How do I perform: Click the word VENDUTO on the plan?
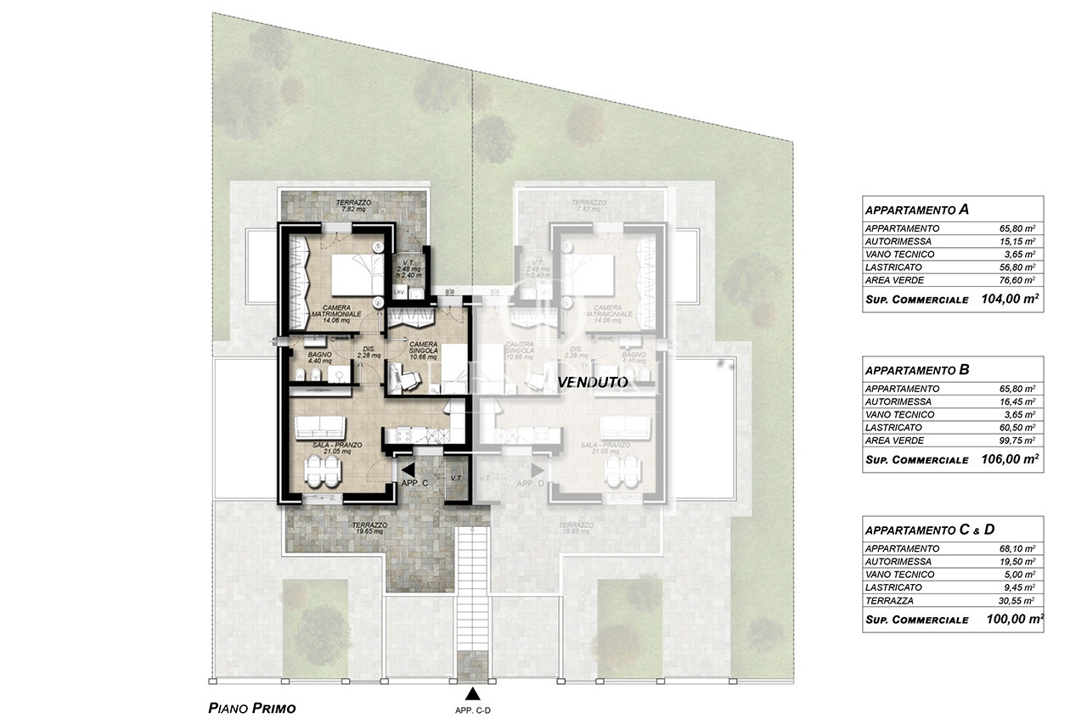coord(593,383)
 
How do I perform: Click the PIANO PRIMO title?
coord(251,707)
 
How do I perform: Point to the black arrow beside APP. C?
coord(408,469)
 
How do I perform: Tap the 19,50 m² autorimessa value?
coord(1022,562)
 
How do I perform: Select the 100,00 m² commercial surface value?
coord(1010,620)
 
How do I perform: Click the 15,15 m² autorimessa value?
coord(1022,241)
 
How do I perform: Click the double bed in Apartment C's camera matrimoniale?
coord(350,273)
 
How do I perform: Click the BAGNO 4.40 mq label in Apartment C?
coord(319,358)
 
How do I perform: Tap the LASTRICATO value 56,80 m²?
coord(1022,267)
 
